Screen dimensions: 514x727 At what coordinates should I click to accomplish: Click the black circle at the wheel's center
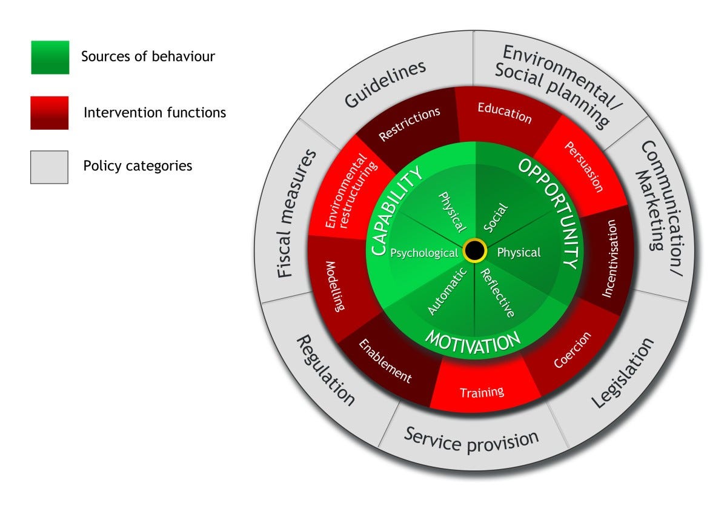pos(474,251)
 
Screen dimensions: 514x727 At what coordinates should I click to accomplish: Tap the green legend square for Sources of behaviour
pos(50,58)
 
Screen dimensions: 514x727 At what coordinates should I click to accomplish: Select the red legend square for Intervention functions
pos(50,113)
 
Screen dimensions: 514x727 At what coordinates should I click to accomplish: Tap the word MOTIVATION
pos(473,342)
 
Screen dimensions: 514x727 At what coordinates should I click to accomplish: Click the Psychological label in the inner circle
pos(424,253)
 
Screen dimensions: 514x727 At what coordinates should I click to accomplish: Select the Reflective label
pos(497,293)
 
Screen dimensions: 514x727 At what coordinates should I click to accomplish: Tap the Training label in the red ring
pos(482,392)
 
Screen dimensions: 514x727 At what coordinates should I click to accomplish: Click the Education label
pos(504,113)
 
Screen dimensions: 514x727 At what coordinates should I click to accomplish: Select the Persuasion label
pos(583,166)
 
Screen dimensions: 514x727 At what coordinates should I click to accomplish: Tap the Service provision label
pos(471,439)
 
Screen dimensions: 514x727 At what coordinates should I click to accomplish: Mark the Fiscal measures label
pos(297,213)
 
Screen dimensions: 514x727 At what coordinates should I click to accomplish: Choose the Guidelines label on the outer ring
pos(385,84)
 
